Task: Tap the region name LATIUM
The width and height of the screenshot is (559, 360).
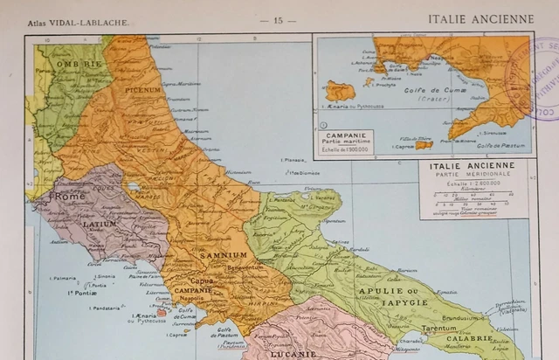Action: [100, 224]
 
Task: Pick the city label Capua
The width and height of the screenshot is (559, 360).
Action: [202, 280]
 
